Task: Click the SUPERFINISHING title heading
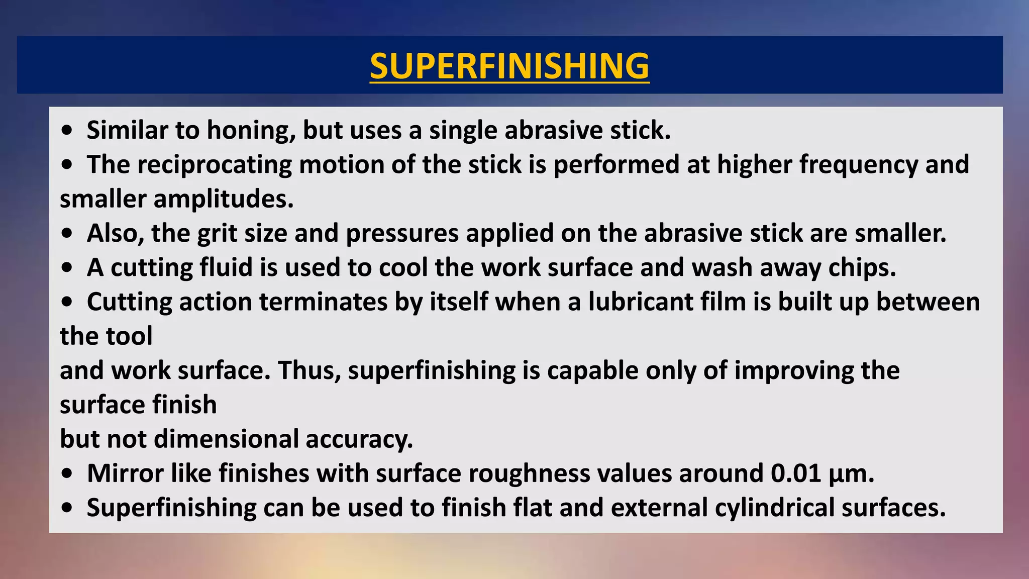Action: pos(509,66)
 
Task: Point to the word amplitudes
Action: pos(223,199)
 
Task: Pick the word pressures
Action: pos(402,234)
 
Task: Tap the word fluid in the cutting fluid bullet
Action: pos(226,267)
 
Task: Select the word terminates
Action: pos(323,302)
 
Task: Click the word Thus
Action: pos(308,370)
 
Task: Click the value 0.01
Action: pos(796,473)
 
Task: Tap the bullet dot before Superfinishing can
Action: pos(67,508)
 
